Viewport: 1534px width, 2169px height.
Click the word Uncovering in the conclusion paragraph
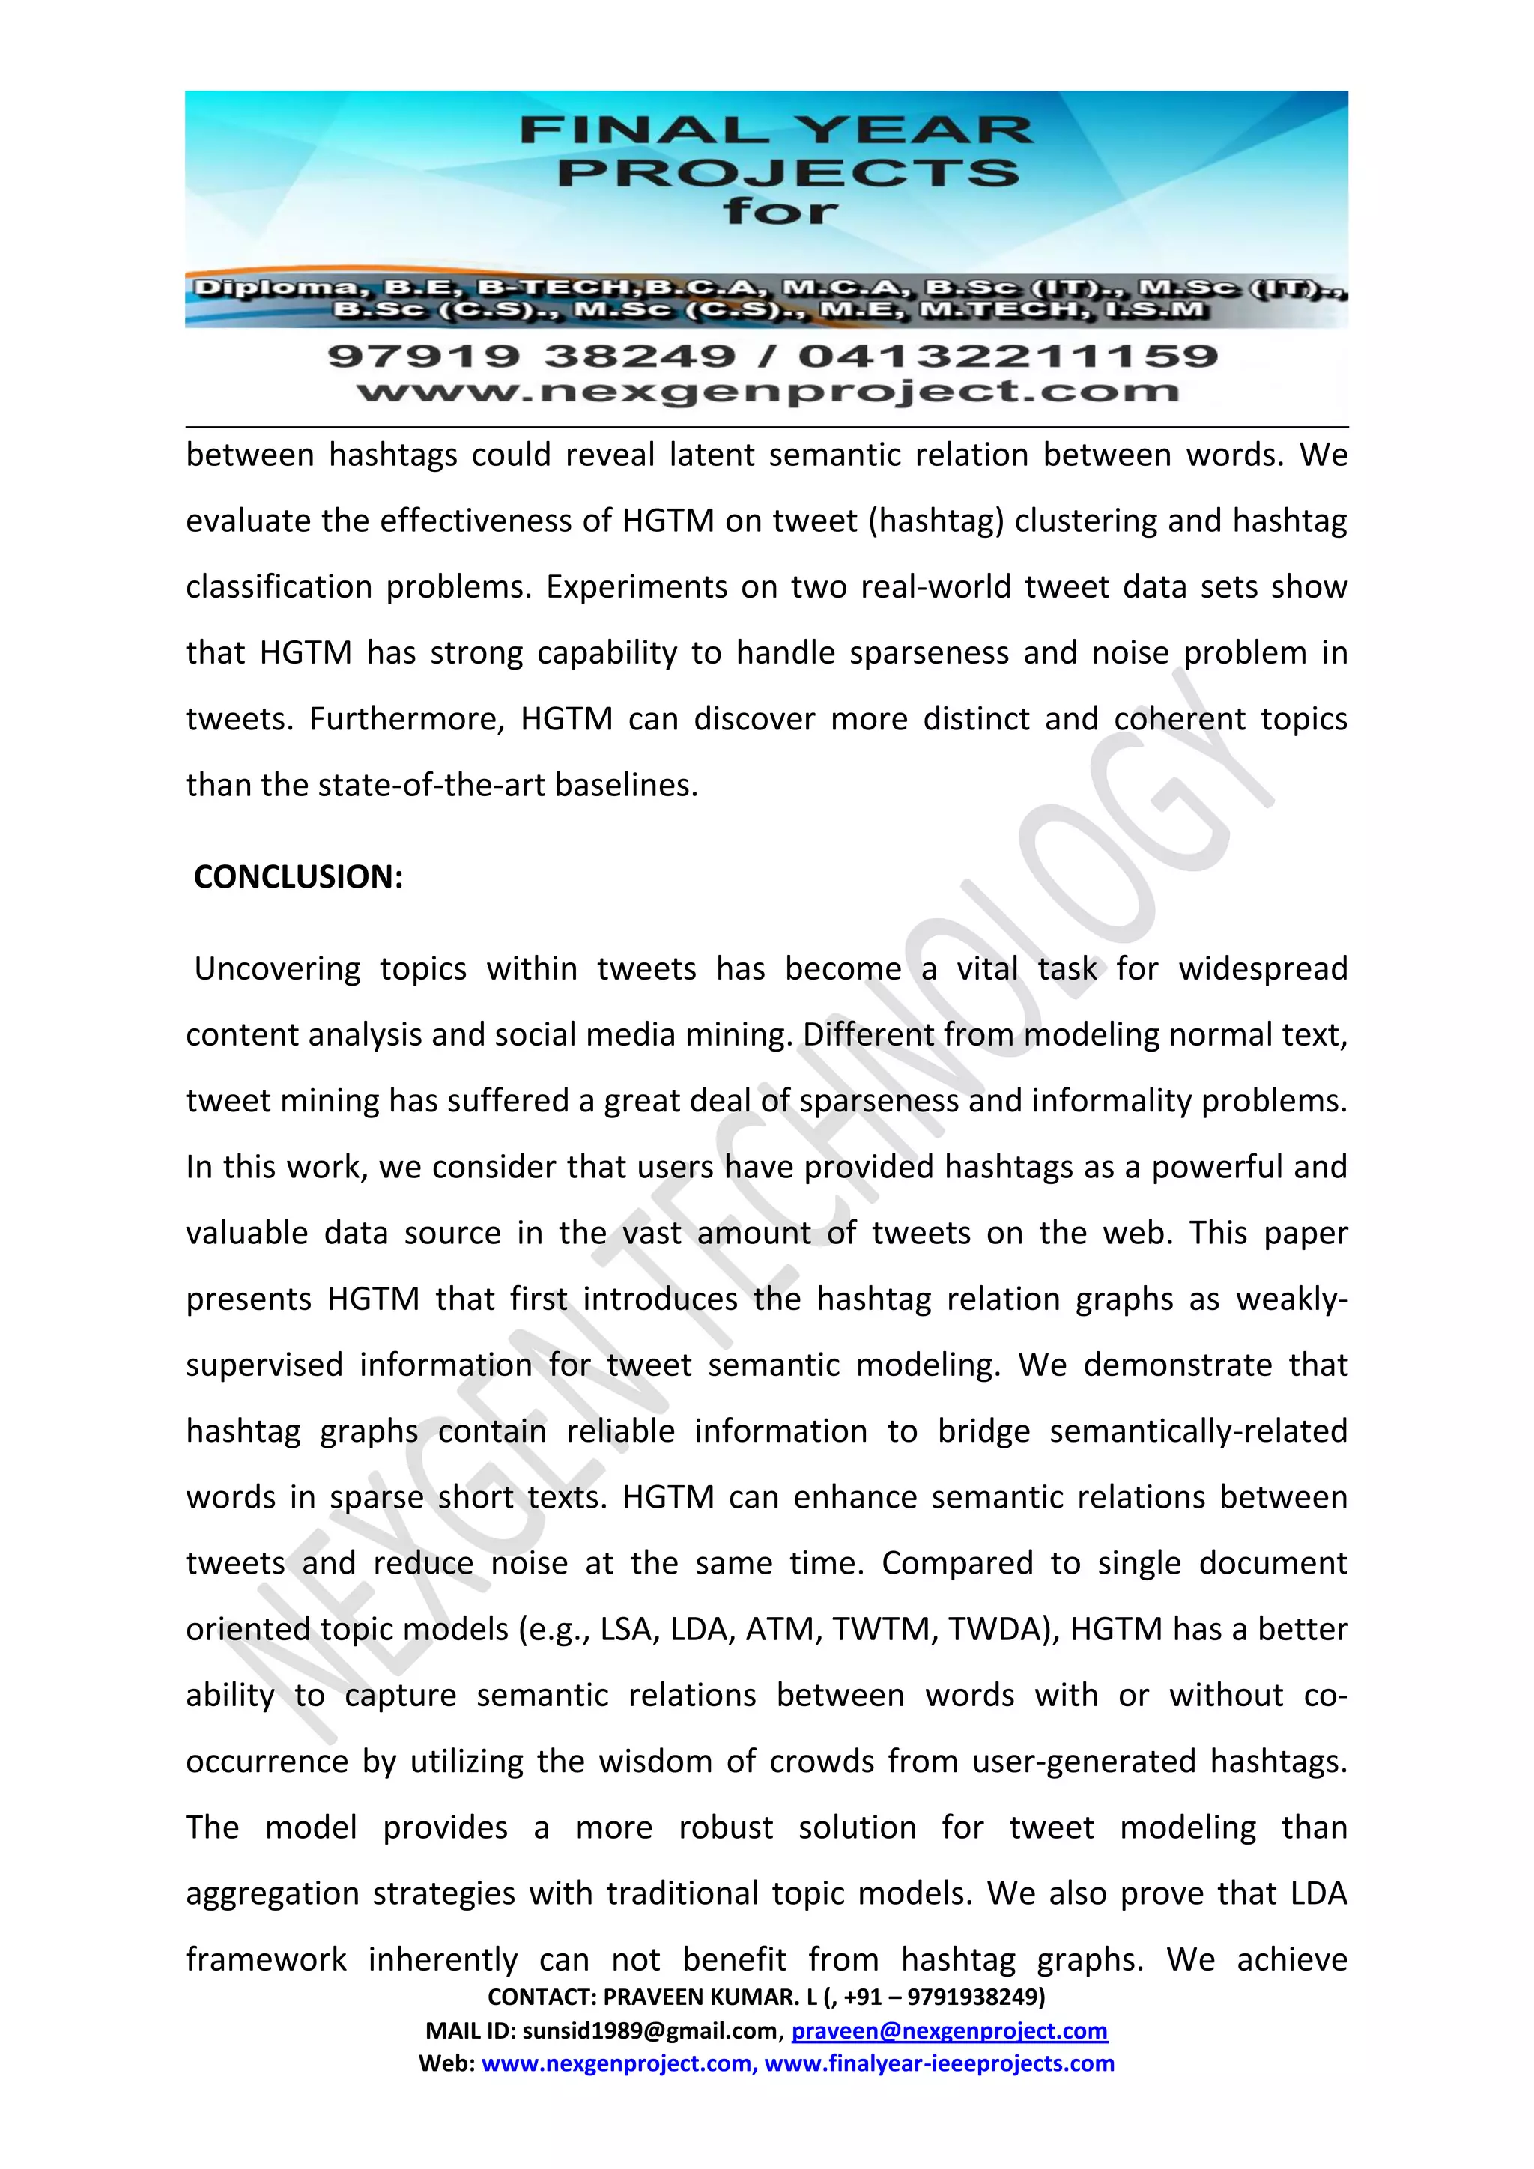click(x=278, y=969)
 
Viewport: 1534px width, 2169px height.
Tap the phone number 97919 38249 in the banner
click(x=531, y=357)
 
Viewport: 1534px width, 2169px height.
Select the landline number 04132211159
click(x=1008, y=357)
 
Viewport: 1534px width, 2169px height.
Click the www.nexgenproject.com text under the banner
click(x=767, y=391)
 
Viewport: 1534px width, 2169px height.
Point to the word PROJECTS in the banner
click(x=788, y=173)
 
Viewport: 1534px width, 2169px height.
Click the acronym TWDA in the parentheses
click(x=1002, y=1630)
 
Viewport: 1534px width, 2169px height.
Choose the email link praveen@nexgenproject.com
click(x=948, y=2030)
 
